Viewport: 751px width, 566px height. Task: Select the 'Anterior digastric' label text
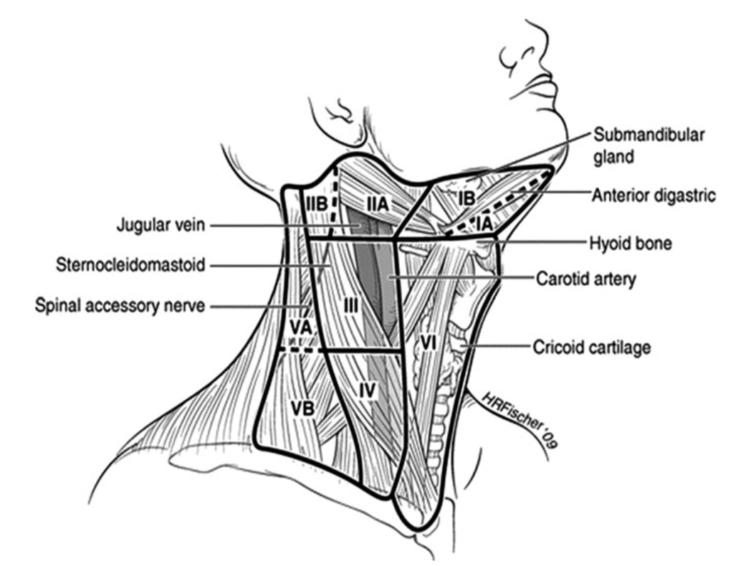tap(653, 195)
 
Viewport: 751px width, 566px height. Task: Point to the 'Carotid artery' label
tap(585, 279)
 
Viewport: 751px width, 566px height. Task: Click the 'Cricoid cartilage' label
tap(591, 347)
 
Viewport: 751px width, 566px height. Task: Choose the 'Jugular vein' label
tap(161, 226)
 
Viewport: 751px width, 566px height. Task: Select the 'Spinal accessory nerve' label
tap(120, 306)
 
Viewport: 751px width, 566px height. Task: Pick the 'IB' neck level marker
tap(467, 198)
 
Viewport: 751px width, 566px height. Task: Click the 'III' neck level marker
tap(350, 305)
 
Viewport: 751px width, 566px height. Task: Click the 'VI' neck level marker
tap(428, 343)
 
